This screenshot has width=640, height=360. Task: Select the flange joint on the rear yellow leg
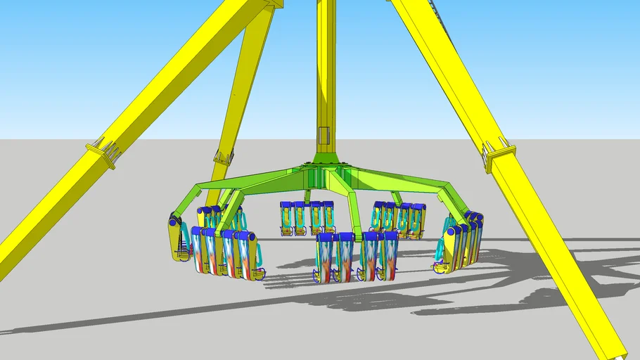click(224, 157)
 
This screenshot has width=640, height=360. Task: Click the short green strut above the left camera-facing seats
click(307, 196)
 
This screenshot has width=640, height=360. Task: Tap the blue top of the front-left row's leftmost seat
click(197, 231)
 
